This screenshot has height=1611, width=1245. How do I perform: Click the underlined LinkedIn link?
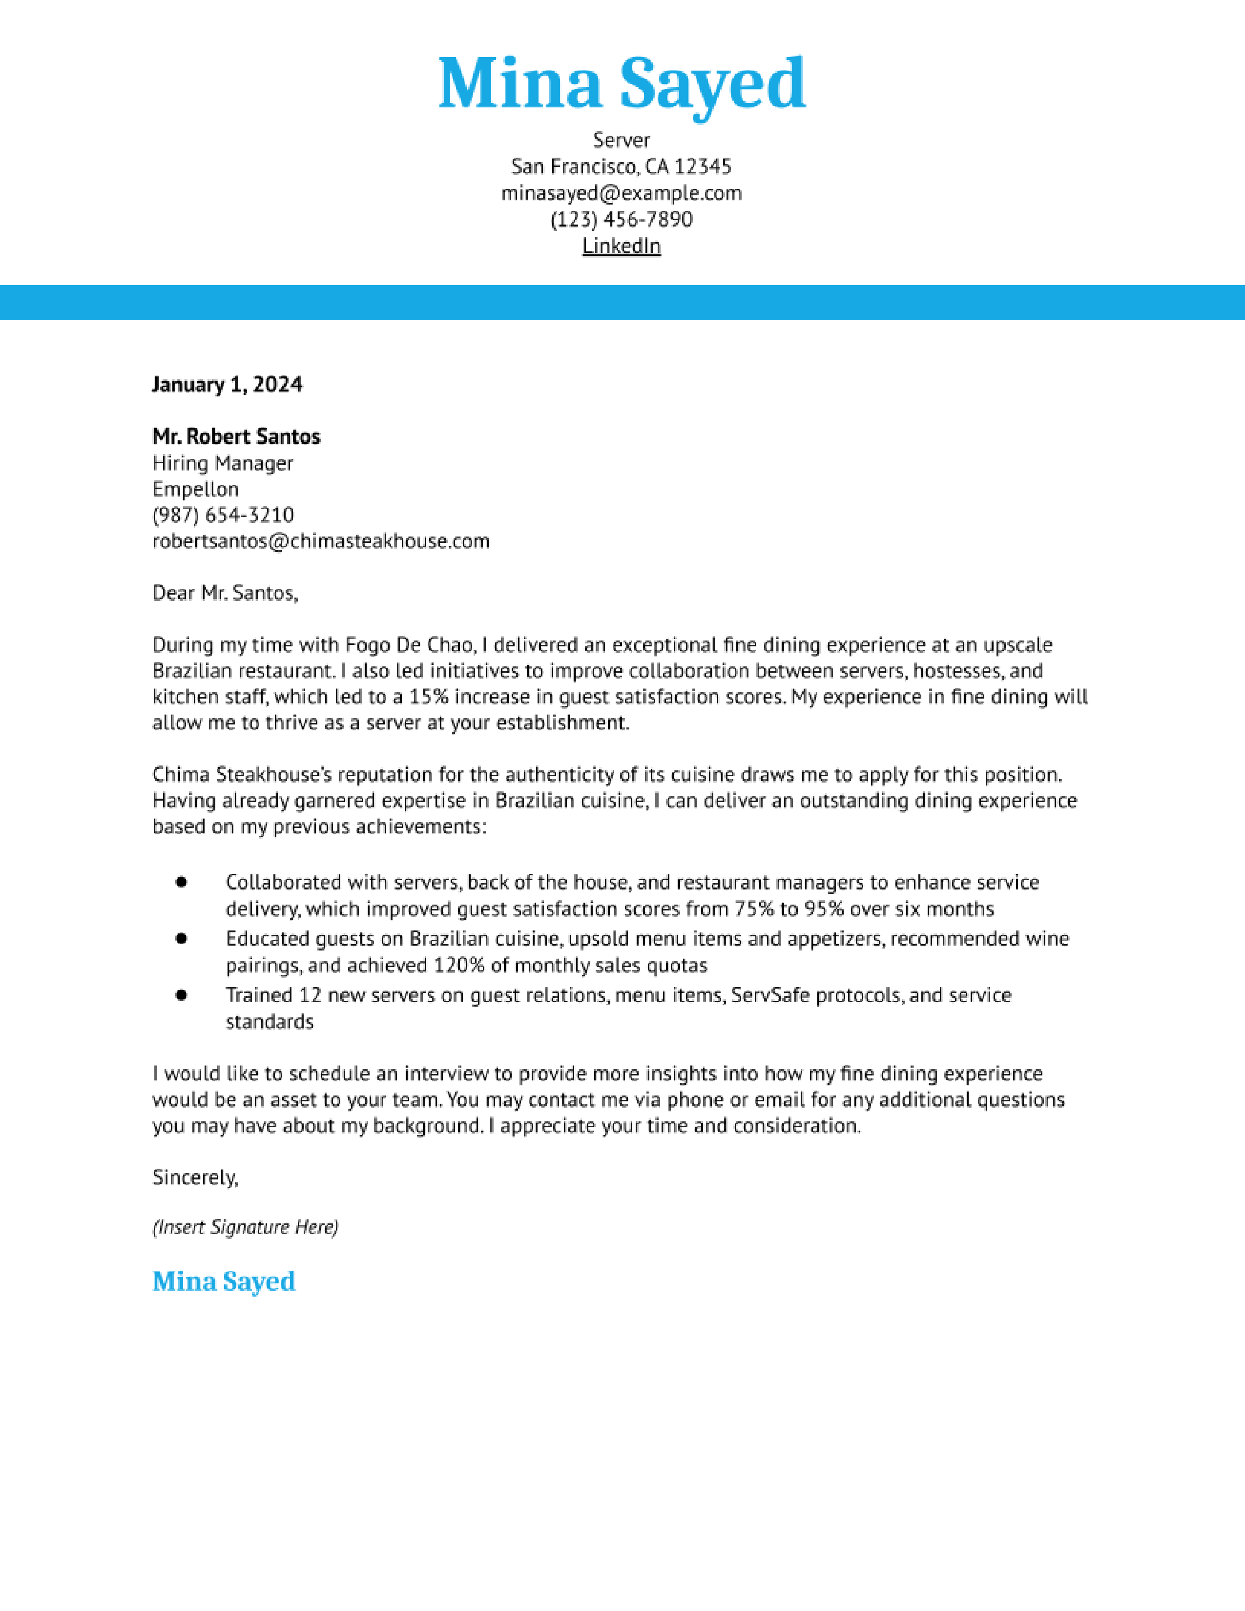click(x=621, y=246)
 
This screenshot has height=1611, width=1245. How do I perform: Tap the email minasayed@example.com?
click(x=621, y=193)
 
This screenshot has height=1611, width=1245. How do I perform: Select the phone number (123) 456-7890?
click(x=621, y=219)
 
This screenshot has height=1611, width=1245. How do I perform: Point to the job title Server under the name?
click(x=621, y=140)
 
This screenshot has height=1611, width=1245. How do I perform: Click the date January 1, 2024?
click(x=227, y=384)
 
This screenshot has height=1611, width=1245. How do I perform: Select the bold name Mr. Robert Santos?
click(x=236, y=437)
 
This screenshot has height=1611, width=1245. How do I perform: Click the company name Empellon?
click(x=195, y=489)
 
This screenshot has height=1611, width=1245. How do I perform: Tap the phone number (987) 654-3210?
click(x=223, y=515)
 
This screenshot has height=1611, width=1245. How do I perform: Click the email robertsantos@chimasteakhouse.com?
click(x=321, y=541)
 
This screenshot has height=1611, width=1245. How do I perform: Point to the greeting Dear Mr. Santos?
click(x=225, y=593)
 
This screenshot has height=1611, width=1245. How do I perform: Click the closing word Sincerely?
click(x=195, y=1177)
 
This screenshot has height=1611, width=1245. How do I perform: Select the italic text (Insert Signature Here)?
click(x=245, y=1227)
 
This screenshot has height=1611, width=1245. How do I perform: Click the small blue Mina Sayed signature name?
click(x=224, y=1281)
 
